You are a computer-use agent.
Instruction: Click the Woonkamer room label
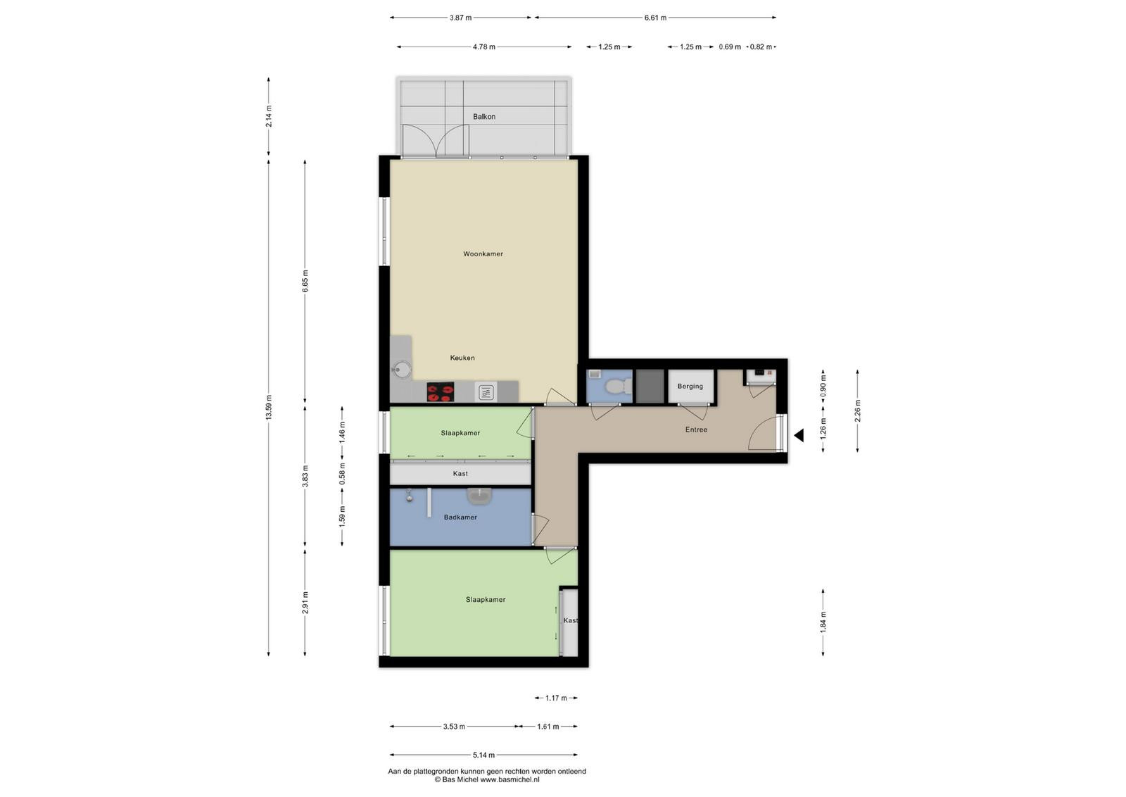(x=483, y=254)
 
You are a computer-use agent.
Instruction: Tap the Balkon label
(x=484, y=117)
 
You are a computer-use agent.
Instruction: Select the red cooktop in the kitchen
(x=441, y=392)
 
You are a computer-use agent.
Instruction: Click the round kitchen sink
(x=402, y=370)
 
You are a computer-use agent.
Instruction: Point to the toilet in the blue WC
(x=618, y=387)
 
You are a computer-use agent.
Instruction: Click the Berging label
(x=690, y=387)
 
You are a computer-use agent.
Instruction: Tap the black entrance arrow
(x=799, y=435)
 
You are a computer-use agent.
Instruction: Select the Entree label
(x=696, y=429)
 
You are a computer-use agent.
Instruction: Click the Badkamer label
(x=460, y=517)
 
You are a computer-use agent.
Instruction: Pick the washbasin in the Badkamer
(x=479, y=496)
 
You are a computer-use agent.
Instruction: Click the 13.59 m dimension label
(x=268, y=408)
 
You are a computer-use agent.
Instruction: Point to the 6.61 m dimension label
(x=655, y=18)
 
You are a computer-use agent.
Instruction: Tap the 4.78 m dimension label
(x=483, y=46)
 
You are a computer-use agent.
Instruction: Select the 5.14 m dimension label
(x=483, y=755)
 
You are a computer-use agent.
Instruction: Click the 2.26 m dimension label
(x=858, y=410)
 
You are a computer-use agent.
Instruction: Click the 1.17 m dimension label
(x=556, y=698)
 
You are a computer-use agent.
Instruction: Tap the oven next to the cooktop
(x=486, y=392)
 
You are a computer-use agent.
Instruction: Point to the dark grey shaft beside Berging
(x=650, y=387)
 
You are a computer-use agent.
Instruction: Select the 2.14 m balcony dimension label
(x=268, y=116)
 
